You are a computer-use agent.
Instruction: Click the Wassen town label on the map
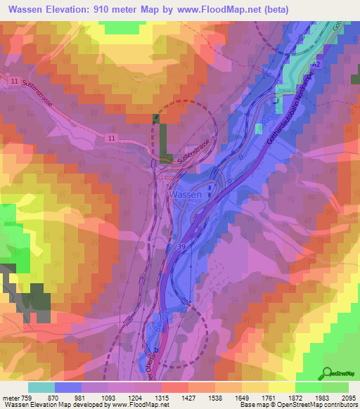(x=185, y=195)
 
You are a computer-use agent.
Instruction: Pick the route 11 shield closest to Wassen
(x=112, y=138)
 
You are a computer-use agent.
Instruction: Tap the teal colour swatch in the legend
(x=41, y=387)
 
